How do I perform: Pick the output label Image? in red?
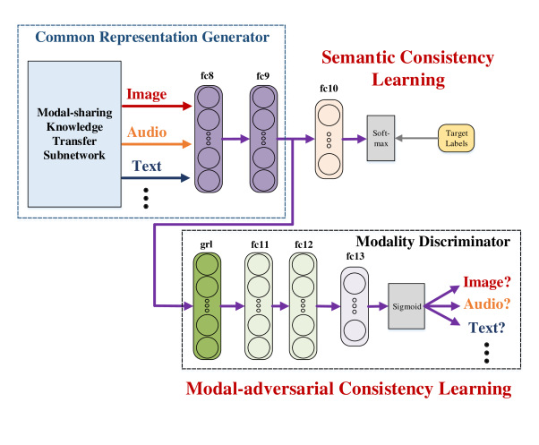point(485,283)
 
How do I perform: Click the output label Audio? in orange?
point(485,305)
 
